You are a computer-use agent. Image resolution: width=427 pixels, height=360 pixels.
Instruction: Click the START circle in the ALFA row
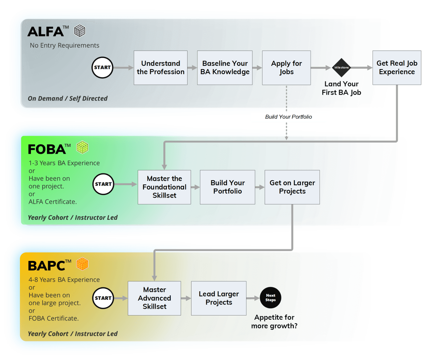click(x=102, y=68)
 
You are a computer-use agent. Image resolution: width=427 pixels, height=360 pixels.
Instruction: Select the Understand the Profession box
click(x=160, y=68)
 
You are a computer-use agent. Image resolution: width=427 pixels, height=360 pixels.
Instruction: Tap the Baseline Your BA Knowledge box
click(x=225, y=68)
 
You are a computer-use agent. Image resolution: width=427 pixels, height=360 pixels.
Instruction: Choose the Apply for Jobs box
click(x=286, y=68)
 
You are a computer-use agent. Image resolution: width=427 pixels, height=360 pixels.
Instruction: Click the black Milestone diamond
click(x=342, y=68)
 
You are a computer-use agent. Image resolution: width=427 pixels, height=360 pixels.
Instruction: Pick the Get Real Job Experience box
click(x=397, y=68)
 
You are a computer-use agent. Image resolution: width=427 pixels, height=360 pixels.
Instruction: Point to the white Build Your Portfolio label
click(x=288, y=117)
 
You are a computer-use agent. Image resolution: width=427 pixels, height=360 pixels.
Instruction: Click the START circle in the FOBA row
click(x=103, y=184)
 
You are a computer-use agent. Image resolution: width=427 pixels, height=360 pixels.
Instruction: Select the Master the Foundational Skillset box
click(x=164, y=187)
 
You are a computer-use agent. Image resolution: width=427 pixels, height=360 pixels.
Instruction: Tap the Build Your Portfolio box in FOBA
click(x=227, y=187)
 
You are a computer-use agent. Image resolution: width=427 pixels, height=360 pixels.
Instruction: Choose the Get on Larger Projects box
click(x=292, y=187)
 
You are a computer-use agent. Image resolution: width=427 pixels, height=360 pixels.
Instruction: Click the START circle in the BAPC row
click(x=103, y=298)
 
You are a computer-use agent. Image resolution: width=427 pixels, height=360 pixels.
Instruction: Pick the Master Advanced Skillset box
click(x=154, y=298)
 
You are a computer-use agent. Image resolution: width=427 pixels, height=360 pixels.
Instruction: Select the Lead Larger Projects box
click(x=219, y=298)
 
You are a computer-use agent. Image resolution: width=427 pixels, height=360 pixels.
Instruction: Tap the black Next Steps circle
click(x=270, y=298)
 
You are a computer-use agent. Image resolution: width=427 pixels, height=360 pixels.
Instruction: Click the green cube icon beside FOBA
click(x=83, y=147)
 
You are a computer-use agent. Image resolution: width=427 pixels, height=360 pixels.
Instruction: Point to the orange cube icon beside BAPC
click(x=82, y=264)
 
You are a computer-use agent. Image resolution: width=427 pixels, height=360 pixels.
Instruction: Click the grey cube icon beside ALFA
click(x=80, y=31)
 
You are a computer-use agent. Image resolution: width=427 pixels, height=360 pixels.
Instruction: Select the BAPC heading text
click(x=46, y=266)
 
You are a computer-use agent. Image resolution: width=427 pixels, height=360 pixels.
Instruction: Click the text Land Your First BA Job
click(x=342, y=88)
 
